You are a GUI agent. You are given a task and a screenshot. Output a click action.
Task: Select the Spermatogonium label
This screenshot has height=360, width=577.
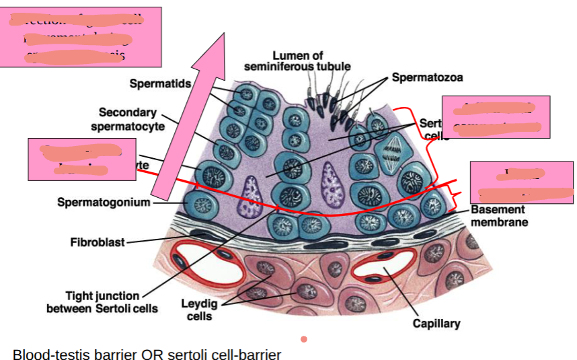(104, 201)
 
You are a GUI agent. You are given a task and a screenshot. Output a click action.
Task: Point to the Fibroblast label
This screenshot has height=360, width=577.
(98, 242)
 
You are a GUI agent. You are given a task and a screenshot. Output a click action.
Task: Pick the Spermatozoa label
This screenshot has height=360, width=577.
(428, 77)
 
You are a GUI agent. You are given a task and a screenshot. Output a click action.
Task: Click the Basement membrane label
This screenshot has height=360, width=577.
(499, 216)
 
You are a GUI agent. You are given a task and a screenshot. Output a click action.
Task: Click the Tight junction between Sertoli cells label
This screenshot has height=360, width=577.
(102, 302)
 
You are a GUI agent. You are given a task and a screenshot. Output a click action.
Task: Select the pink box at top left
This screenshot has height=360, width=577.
(81, 37)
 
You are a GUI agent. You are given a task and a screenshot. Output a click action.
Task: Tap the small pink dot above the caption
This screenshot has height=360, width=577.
(304, 338)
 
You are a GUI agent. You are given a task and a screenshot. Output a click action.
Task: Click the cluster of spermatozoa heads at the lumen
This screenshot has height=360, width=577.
(330, 108)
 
